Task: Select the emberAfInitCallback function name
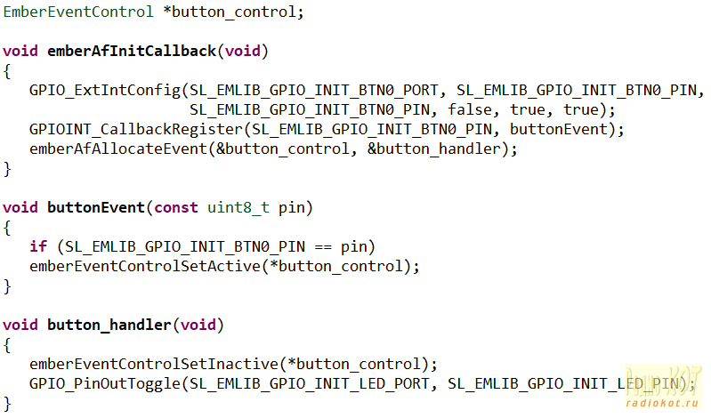[132, 50]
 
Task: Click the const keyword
[176, 208]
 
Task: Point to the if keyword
[38, 246]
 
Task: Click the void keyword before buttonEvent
[20, 208]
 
